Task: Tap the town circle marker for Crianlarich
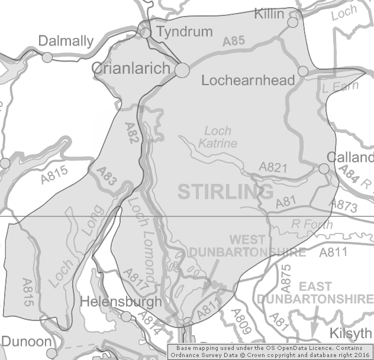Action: point(182,70)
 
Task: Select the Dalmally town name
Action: point(66,41)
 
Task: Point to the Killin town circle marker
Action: point(292,22)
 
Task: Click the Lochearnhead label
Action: point(248,80)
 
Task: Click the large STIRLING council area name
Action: point(225,192)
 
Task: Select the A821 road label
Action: point(273,168)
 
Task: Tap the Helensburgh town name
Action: point(121,302)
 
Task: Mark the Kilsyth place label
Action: point(352,332)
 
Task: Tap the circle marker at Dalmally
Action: point(47,57)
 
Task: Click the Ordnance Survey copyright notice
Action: point(270,352)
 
